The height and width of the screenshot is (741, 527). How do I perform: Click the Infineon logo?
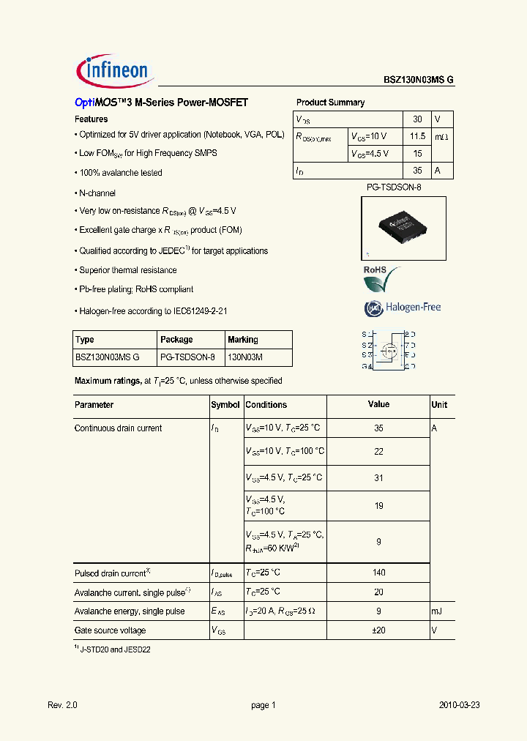113,70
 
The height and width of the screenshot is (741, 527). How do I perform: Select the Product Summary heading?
330,103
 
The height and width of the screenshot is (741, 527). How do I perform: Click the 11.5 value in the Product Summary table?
417,136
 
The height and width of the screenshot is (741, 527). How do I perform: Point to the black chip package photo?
403,227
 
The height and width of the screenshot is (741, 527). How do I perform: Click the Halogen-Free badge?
403,308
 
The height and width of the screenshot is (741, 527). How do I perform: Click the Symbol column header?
225,405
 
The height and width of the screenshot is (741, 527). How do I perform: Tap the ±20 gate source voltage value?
378,630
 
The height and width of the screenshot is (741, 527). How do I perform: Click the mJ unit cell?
438,611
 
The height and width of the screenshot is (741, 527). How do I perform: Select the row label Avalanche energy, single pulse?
130,611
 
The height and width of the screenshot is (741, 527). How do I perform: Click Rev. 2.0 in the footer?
62,705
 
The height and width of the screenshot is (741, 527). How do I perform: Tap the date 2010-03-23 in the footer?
459,705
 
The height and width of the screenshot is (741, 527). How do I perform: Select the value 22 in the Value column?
378,452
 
